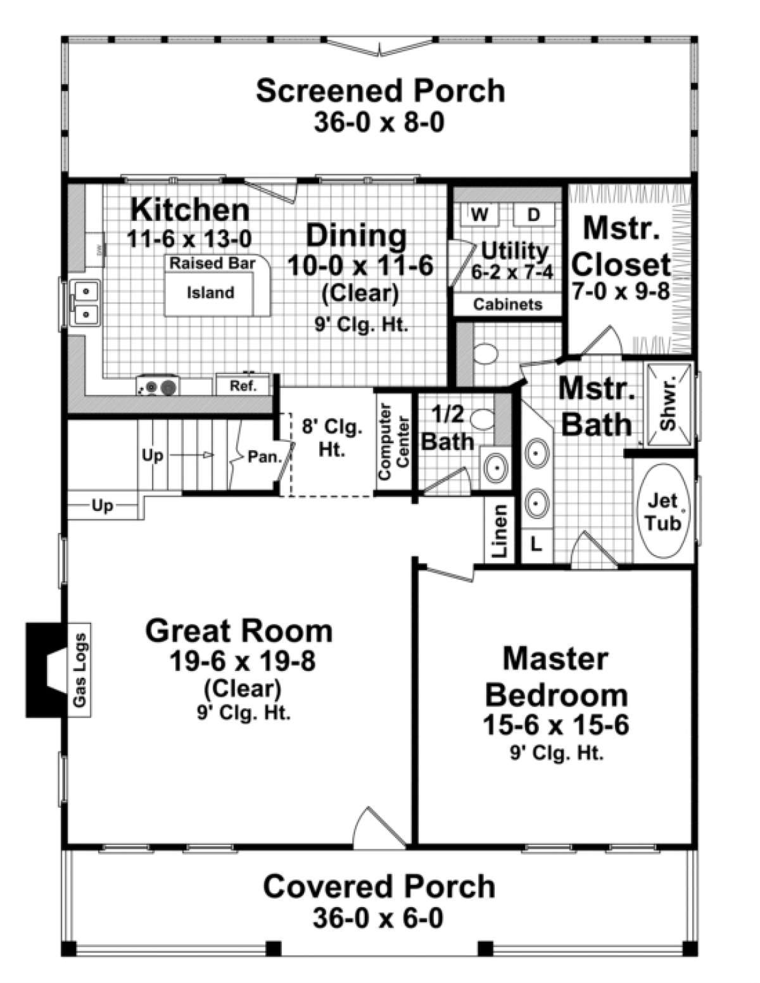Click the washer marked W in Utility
coord(481,215)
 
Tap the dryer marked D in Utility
coord(533,215)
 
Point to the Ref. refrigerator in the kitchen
coord(243,385)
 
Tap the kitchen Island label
coord(210,293)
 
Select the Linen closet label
coord(500,530)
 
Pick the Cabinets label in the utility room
coord(508,304)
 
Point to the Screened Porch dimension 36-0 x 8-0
coord(379,122)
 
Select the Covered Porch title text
coord(379,886)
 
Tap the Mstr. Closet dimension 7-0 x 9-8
coord(621,291)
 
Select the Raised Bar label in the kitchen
coord(212,263)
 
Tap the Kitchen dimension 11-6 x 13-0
coord(189,239)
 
